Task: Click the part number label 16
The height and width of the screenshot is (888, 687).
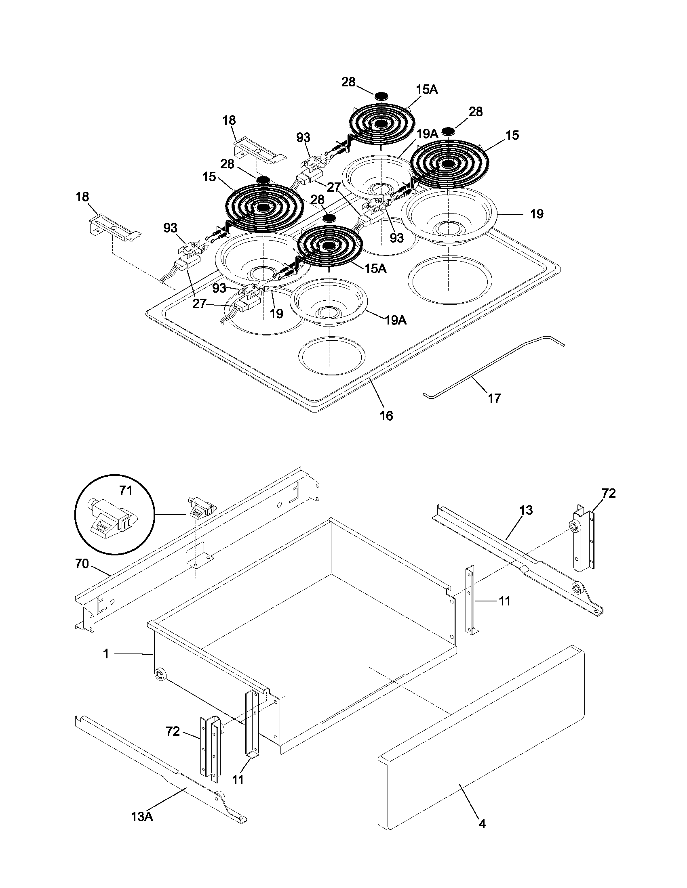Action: pyautogui.click(x=386, y=415)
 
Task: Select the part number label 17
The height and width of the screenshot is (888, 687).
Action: pyautogui.click(x=494, y=398)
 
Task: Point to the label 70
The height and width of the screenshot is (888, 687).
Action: pyautogui.click(x=82, y=564)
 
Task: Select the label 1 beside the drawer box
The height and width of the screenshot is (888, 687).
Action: pyautogui.click(x=106, y=654)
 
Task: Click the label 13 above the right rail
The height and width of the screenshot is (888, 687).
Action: pyautogui.click(x=526, y=510)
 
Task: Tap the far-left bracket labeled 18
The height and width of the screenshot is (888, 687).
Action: pyautogui.click(x=114, y=229)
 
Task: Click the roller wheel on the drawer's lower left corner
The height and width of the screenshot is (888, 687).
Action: pyautogui.click(x=160, y=675)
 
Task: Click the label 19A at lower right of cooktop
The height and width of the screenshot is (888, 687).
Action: pyautogui.click(x=395, y=320)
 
